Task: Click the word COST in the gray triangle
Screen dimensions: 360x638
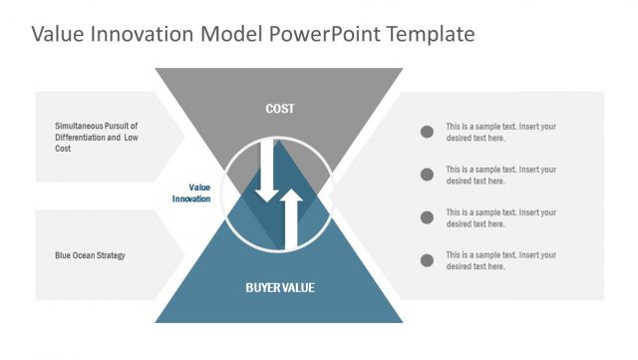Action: [x=279, y=109]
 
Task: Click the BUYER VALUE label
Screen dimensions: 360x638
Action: [x=279, y=287]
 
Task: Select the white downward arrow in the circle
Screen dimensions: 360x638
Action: [x=266, y=170]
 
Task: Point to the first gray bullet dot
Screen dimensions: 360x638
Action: [x=427, y=132]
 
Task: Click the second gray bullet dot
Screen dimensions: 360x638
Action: [x=427, y=175]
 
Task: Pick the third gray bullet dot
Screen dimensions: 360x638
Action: [x=427, y=217]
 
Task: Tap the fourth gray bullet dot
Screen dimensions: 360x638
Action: [x=427, y=260]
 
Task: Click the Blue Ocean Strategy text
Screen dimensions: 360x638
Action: [x=90, y=256]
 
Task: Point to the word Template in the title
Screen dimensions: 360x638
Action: [x=425, y=34]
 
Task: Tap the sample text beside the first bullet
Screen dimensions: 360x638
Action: [x=500, y=133]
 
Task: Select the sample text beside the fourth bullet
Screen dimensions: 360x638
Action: [x=500, y=260]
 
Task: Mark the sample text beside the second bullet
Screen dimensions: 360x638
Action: [x=500, y=175]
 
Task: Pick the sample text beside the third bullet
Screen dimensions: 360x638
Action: [x=500, y=217]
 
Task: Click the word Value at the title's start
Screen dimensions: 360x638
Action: [x=57, y=34]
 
